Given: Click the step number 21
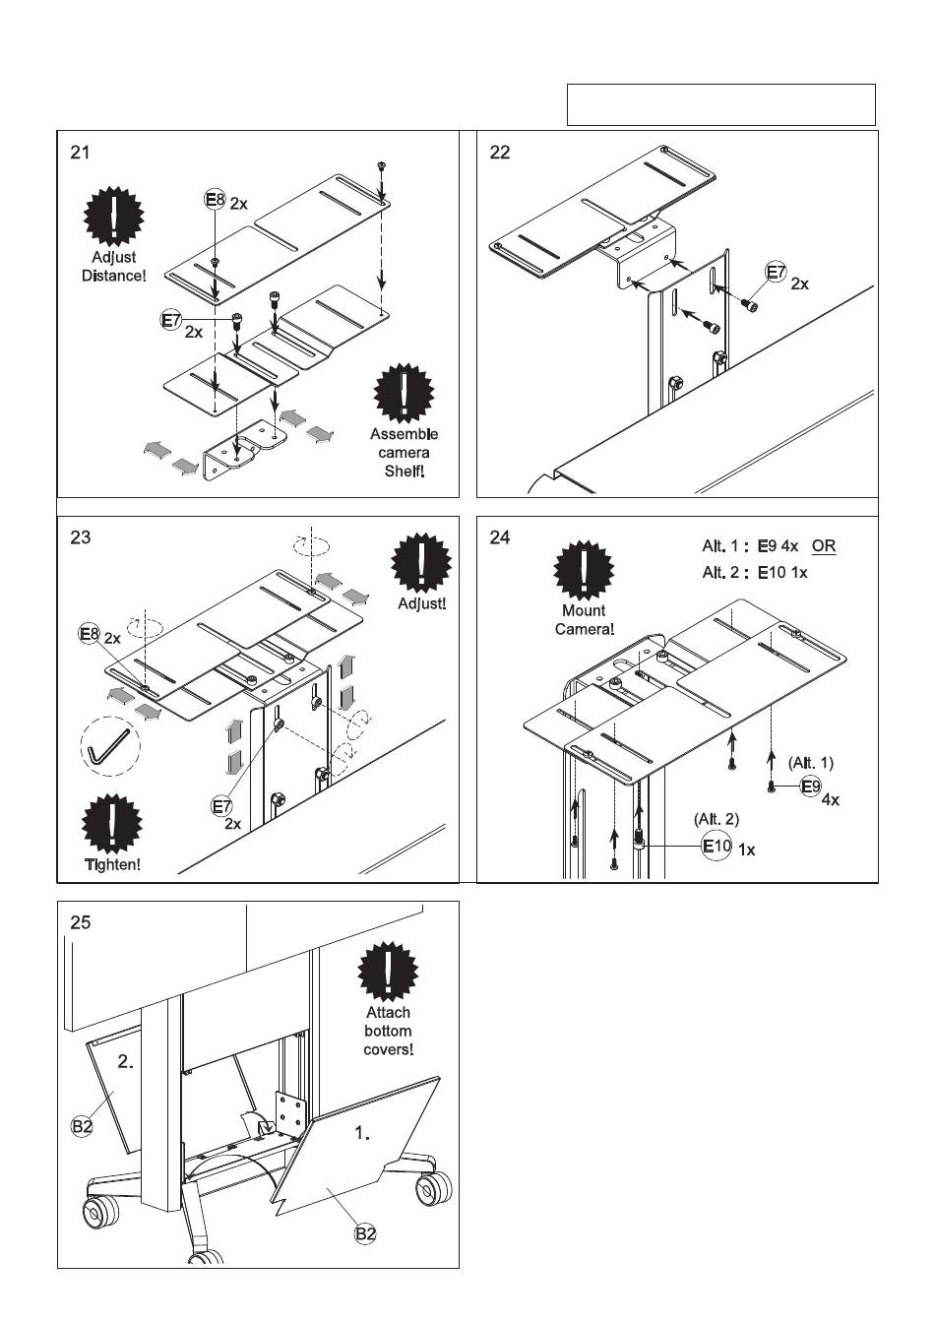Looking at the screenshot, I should click(x=80, y=153).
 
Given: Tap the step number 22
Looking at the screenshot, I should click(x=500, y=153).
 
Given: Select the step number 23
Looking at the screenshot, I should click(x=80, y=538).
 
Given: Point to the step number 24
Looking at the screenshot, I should click(x=500, y=538).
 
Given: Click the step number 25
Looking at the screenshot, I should click(x=80, y=923).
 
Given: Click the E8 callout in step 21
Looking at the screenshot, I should click(x=215, y=200).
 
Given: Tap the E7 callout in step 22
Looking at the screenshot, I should click(x=776, y=272).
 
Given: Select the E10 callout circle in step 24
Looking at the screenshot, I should click(x=716, y=846).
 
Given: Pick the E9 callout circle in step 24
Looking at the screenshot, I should click(x=810, y=786).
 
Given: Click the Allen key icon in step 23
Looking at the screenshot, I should click(x=109, y=747).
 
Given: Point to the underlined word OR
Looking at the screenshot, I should click(x=824, y=546).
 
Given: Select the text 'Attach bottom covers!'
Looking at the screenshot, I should click(x=388, y=1031).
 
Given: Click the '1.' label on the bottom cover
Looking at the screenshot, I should click(x=362, y=1133).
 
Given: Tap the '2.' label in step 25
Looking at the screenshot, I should click(x=126, y=1062).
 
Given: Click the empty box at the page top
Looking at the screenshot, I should click(x=720, y=104).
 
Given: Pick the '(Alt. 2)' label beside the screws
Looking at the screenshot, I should click(x=717, y=818).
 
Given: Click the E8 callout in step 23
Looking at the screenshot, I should click(x=90, y=635).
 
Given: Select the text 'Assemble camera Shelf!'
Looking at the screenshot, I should click(x=404, y=453).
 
